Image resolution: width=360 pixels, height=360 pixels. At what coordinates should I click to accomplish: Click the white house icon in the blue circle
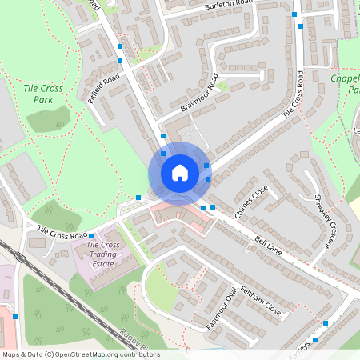pos(180,173)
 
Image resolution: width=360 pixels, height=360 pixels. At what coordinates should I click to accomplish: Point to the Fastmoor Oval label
pos(222,309)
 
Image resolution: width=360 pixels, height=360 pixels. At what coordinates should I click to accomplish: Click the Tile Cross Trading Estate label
pos(103,254)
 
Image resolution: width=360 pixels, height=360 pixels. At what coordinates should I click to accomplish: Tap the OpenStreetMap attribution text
pos(80,354)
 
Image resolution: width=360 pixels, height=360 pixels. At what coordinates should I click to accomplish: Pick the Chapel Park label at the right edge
pos(345,85)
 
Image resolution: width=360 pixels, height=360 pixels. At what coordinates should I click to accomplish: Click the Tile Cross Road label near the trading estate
pos(62,233)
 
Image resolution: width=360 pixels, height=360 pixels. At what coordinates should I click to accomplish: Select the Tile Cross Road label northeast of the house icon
pos(293,98)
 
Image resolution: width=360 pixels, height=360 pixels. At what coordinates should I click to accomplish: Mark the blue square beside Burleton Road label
pos(294,14)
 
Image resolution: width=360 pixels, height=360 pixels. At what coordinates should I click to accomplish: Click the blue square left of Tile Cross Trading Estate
pos(90,235)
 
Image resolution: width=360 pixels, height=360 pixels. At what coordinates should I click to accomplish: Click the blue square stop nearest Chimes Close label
pos(213,206)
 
